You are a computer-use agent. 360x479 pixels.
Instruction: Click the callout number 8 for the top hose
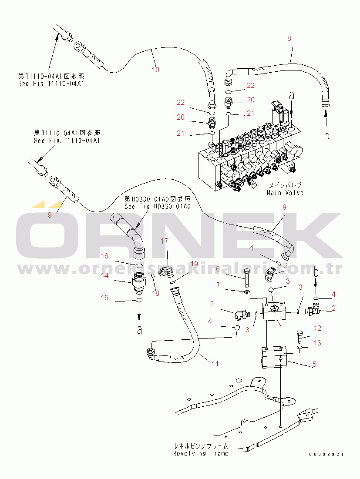tap(289, 38)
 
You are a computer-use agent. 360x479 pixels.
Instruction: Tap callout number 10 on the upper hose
tap(155, 69)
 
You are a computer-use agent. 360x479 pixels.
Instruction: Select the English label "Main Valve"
tap(285, 192)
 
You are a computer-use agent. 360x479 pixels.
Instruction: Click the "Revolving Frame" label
tap(200, 453)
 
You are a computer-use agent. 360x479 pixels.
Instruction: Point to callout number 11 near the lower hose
tap(215, 364)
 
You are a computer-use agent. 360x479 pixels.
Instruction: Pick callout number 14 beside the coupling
tap(105, 275)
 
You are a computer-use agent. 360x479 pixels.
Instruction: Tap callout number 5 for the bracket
tap(314, 365)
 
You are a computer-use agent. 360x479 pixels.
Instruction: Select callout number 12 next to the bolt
tap(317, 328)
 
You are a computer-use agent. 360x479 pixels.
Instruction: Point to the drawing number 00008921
tap(326, 455)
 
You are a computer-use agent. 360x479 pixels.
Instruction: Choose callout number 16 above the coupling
tap(105, 256)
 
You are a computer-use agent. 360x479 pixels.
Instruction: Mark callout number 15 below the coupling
tap(105, 298)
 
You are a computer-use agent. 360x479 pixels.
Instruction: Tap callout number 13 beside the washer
tap(317, 343)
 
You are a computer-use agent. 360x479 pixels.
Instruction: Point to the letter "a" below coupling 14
tap(139, 330)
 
